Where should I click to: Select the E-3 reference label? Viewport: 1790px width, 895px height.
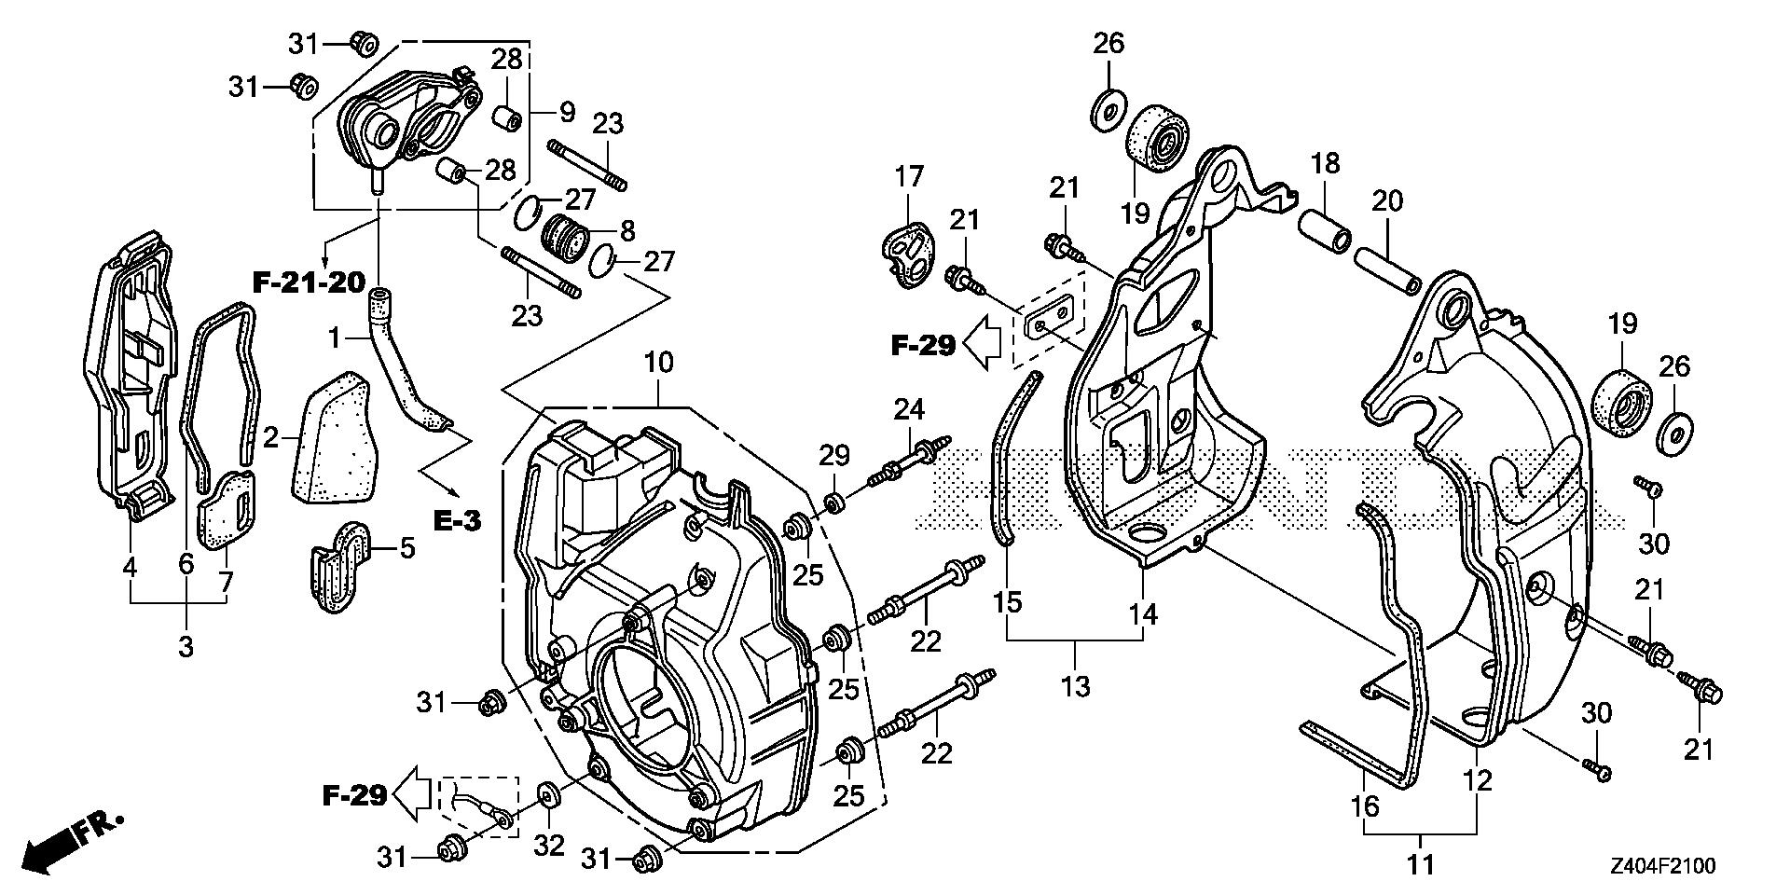pyautogui.click(x=457, y=520)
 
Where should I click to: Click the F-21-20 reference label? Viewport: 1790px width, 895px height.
pyautogui.click(x=309, y=282)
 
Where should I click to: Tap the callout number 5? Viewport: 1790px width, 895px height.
pyautogui.click(x=406, y=548)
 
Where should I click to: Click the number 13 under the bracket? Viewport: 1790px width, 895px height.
pyautogui.click(x=1075, y=687)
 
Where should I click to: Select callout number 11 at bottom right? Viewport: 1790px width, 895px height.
pyautogui.click(x=1421, y=865)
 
